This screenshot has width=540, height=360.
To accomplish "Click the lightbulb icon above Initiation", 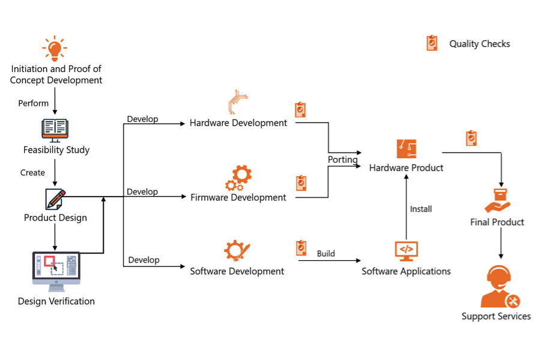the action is (x=55, y=48).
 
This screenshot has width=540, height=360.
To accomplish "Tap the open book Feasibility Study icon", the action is (x=55, y=130).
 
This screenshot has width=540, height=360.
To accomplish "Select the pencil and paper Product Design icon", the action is (x=55, y=199).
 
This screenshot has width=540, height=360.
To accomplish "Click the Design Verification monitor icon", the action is (x=56, y=272).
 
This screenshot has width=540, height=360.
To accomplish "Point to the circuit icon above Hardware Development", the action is (x=238, y=102).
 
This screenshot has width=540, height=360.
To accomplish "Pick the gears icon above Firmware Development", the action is (x=238, y=178).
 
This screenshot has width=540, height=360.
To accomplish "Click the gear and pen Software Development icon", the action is (x=237, y=251).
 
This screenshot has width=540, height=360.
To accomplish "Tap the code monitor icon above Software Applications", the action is (x=407, y=251).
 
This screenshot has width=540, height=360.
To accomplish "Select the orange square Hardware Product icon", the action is (x=407, y=149).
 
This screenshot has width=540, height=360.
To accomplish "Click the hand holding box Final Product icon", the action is (x=497, y=201).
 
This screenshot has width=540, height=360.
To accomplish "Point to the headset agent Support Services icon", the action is (x=500, y=286).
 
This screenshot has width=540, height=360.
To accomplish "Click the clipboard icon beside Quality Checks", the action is (x=432, y=43).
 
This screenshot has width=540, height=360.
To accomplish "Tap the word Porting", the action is (x=342, y=160).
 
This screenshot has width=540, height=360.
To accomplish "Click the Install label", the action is (x=421, y=209).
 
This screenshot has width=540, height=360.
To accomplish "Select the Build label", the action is (x=326, y=254).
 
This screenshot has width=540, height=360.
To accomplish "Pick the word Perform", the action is (x=34, y=103).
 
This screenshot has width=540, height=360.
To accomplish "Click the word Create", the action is (x=32, y=172).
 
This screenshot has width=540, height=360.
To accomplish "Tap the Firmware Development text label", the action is (x=238, y=197).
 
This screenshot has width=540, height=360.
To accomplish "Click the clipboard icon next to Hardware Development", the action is (x=300, y=110).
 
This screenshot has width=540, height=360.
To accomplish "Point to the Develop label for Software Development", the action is (x=144, y=260).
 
